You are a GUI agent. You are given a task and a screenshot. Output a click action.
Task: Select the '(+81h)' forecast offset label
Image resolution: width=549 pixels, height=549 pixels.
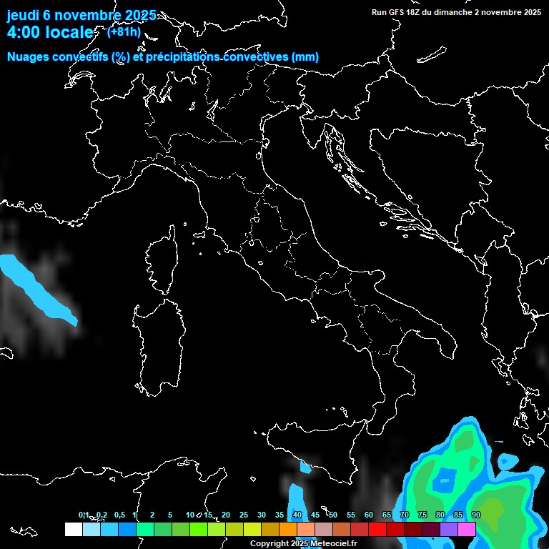[124, 31]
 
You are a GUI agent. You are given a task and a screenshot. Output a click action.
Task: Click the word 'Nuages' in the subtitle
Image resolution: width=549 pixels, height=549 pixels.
[28, 57]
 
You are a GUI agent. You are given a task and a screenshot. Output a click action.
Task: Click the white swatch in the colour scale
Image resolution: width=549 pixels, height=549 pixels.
[73, 529]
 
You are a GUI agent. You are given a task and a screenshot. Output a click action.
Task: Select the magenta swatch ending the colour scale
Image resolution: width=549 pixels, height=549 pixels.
[467, 529]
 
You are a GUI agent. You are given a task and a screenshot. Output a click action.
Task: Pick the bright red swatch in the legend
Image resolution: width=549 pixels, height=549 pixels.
[377, 529]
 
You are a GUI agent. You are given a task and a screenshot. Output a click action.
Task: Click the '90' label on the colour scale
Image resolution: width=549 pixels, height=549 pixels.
[476, 515]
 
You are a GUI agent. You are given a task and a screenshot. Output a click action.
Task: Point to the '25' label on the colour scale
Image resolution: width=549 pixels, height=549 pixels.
[244, 515]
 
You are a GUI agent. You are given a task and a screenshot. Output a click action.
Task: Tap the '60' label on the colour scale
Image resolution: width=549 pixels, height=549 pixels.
[369, 515]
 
